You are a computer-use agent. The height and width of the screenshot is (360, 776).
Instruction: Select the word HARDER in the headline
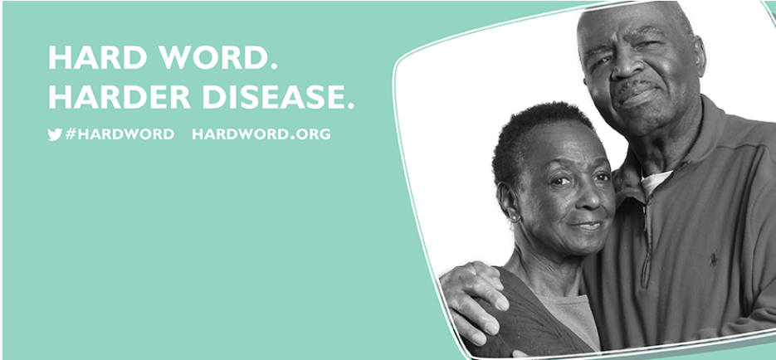coord(120,97)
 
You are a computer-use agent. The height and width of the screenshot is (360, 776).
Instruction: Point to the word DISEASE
coord(278,97)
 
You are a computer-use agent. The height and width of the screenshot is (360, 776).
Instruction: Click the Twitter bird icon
coord(55,134)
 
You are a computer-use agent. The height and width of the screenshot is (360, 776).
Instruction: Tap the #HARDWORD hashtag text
coord(120,134)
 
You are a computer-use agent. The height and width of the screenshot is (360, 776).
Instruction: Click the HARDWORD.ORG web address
coord(261,134)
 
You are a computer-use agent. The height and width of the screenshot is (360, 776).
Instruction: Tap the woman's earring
coord(513,218)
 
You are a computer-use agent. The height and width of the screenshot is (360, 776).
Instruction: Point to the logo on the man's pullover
coord(714,260)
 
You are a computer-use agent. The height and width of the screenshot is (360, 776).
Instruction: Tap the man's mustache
coord(636,89)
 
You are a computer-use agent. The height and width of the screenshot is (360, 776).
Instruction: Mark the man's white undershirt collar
coord(656,181)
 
